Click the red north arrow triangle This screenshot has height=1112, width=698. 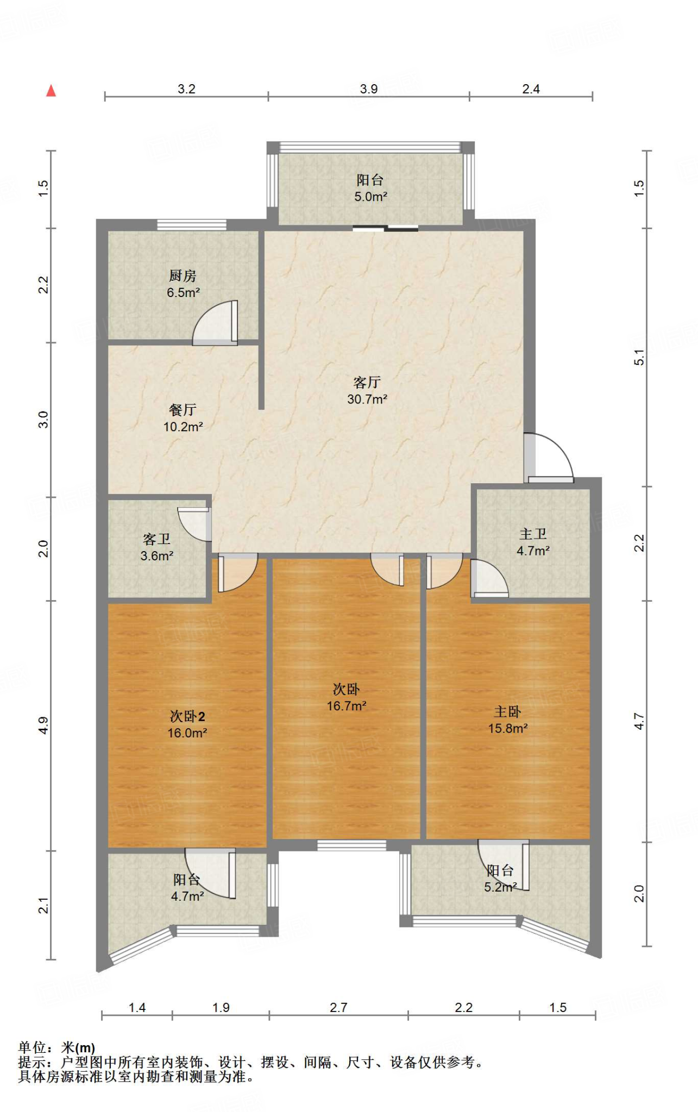click(51, 91)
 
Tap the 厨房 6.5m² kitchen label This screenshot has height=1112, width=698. click(183, 284)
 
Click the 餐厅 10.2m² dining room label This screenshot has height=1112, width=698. click(183, 418)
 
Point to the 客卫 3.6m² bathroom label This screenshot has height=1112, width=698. click(156, 547)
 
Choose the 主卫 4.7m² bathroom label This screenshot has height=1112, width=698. click(533, 542)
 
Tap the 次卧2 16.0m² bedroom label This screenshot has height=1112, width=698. click(187, 724)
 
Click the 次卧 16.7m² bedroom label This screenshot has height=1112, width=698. click(346, 698)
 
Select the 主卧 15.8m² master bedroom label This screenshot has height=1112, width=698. click(507, 720)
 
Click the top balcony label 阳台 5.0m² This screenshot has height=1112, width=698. click(370, 188)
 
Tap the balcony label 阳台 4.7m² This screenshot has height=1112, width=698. click(187, 888)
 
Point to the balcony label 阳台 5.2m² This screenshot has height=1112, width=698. click(500, 879)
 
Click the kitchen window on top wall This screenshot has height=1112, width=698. click(192, 225)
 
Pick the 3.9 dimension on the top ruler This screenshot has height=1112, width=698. click(368, 89)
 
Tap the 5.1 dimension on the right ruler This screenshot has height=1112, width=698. click(639, 357)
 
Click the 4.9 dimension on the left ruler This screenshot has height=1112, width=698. click(43, 725)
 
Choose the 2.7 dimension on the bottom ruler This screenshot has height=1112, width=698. click(338, 1008)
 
